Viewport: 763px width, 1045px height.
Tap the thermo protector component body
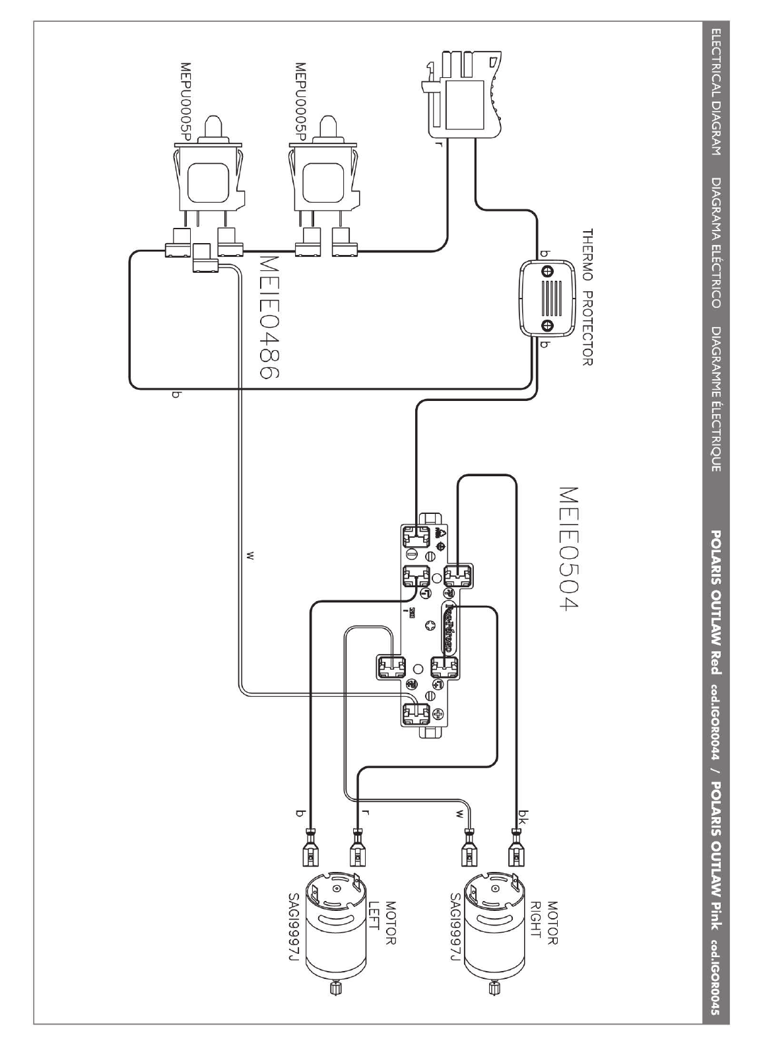click(547, 299)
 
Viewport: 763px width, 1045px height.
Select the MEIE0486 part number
click(266, 317)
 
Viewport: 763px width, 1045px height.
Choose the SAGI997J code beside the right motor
click(455, 934)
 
